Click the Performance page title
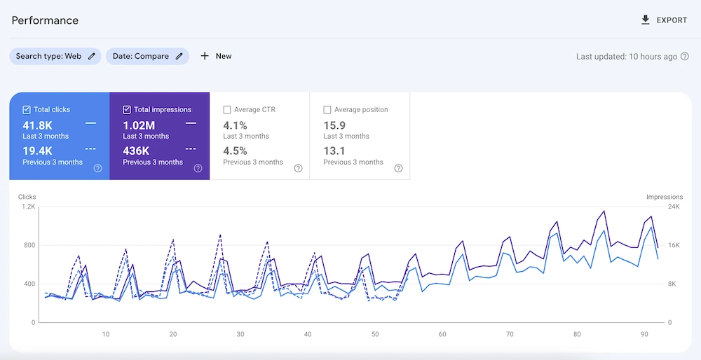pos(45,20)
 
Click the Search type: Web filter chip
pos(55,56)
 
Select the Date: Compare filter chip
pos(147,56)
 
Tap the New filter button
pos(216,56)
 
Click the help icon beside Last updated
pos(685,57)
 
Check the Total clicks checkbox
pos(27,110)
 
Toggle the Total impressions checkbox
pos(127,110)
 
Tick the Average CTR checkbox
pos(227,110)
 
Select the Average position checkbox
pos(327,110)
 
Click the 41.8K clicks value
pos(38,125)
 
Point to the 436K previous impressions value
pos(136,151)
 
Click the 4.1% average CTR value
pos(235,125)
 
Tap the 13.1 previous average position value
pos(334,151)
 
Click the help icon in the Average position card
pos(398,168)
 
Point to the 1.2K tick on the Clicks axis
pos(28,207)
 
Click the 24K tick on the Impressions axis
pos(674,207)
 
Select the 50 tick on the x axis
pos(375,334)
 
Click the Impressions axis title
pos(664,198)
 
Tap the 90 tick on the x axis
pos(644,334)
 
